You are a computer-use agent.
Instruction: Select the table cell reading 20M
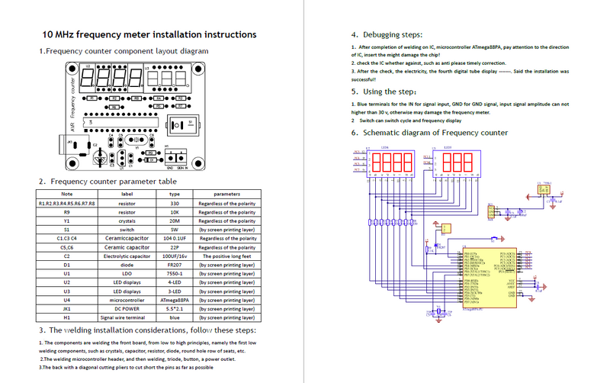click(x=174, y=220)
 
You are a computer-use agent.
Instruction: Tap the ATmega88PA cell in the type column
click(x=174, y=300)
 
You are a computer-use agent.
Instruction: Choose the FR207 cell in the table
click(x=174, y=265)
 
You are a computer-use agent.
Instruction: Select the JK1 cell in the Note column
click(x=66, y=309)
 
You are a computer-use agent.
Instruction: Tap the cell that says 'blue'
click(x=174, y=317)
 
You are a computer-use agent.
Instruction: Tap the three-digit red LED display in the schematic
click(x=457, y=162)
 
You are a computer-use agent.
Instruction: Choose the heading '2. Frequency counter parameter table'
click(x=108, y=182)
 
